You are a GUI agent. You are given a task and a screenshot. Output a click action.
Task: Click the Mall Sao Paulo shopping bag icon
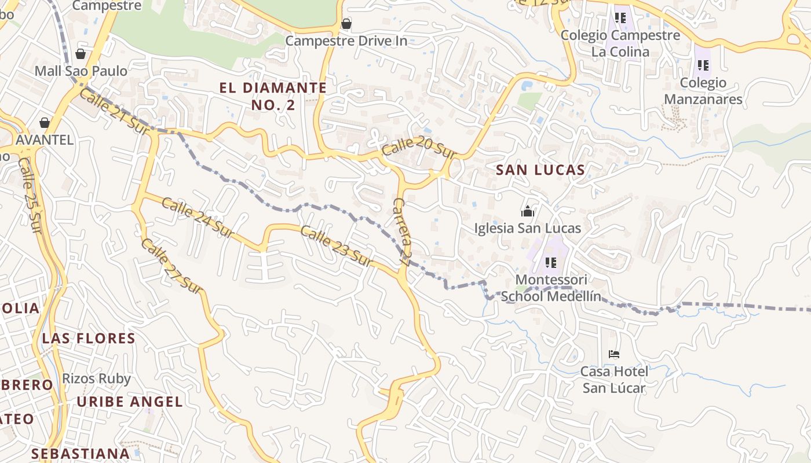tap(81, 54)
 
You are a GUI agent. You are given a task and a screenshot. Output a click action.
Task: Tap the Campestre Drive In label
tap(346, 41)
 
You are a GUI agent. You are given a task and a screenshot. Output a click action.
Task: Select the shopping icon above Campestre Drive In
tap(346, 24)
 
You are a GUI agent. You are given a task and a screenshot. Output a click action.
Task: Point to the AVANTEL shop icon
tap(45, 123)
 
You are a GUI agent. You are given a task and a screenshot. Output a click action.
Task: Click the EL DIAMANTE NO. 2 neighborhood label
tap(273, 96)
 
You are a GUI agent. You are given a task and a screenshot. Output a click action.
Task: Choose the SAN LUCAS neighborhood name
tap(540, 170)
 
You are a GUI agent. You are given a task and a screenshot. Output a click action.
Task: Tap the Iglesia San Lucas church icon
tap(527, 211)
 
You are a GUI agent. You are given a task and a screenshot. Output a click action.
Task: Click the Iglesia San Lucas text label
tap(527, 228)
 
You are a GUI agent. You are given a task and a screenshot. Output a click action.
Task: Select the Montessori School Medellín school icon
tap(550, 263)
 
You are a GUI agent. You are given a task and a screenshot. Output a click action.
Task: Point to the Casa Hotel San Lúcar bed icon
tap(614, 354)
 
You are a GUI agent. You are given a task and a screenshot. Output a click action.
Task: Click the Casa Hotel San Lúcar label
tap(614, 379)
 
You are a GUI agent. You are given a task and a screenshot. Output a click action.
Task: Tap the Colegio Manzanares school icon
tap(703, 65)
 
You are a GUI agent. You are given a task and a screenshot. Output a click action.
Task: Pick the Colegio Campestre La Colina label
tap(620, 43)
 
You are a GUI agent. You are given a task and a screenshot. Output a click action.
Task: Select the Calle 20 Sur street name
tap(418, 148)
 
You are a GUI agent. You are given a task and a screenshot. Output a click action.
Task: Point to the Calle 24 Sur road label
tap(197, 218)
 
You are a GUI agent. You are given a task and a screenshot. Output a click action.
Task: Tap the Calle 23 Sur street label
tap(336, 244)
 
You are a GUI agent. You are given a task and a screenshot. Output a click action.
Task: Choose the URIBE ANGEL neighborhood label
tap(130, 402)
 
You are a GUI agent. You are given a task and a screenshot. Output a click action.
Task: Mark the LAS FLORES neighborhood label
tap(89, 338)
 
